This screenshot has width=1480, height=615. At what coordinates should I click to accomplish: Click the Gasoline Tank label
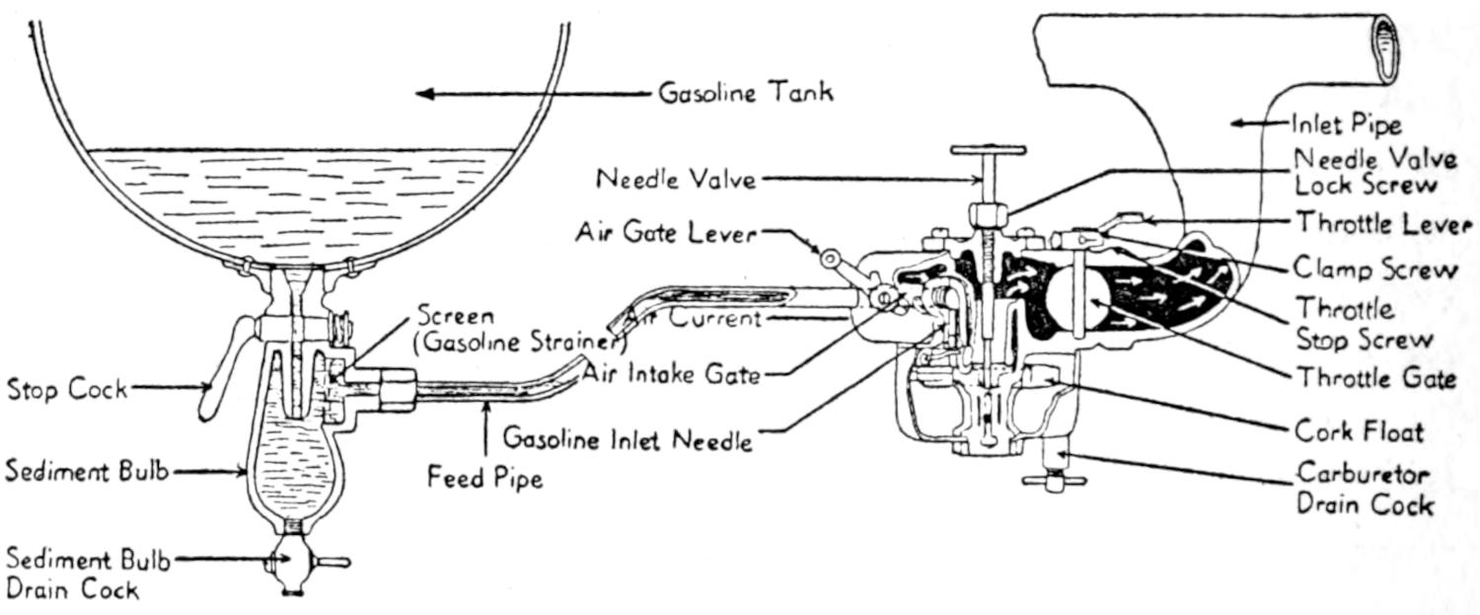[745, 94]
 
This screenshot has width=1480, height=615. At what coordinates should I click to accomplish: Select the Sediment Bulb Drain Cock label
[87, 576]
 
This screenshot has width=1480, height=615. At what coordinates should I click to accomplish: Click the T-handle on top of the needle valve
[988, 151]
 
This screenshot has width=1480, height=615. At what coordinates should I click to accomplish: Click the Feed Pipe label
[484, 479]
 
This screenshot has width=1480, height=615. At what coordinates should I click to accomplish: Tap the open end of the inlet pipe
[1386, 51]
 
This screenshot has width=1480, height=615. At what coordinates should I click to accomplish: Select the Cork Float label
[1359, 430]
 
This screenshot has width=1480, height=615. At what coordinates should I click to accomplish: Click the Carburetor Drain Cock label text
[1364, 490]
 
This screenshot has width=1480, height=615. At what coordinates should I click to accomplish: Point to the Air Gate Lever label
[665, 234]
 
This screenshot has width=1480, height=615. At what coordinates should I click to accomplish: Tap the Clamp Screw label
[1375, 269]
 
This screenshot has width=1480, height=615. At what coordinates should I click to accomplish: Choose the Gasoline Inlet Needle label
[628, 437]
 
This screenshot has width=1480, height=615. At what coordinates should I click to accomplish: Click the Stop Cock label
[67, 389]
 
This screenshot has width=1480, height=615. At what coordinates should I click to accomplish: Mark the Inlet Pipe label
[1346, 124]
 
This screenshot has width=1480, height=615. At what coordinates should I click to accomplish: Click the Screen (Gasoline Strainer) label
[520, 331]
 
